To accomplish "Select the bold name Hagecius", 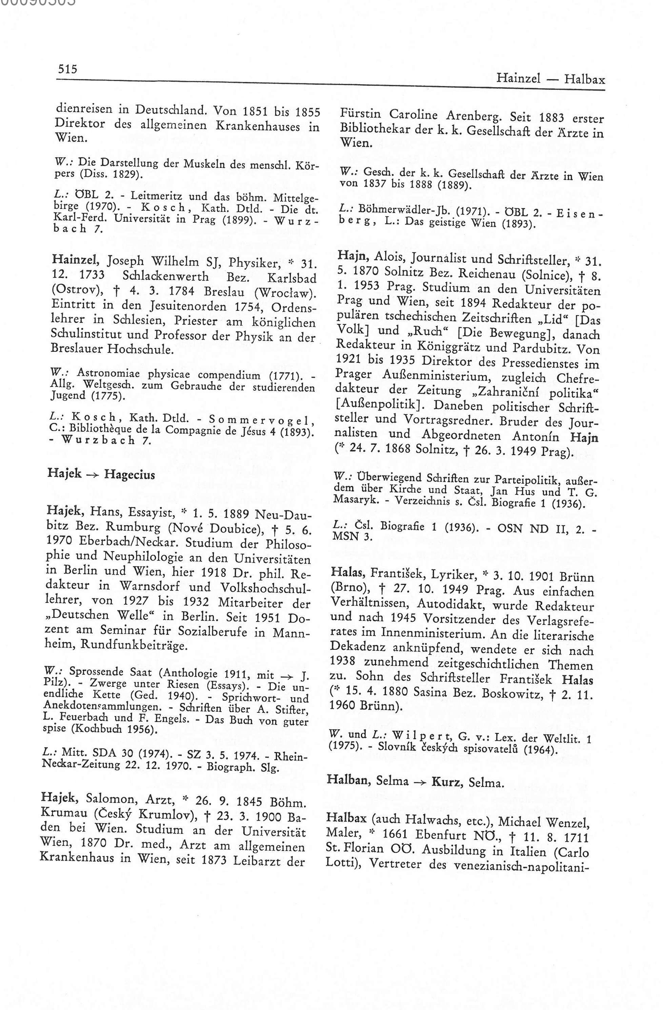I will click(x=129, y=474).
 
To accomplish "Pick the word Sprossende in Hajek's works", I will click(x=89, y=672).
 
